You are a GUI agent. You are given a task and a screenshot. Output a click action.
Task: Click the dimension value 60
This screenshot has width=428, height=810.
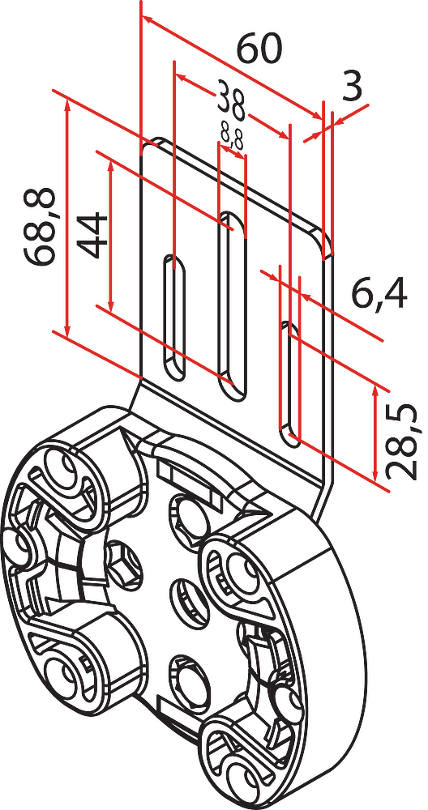259,48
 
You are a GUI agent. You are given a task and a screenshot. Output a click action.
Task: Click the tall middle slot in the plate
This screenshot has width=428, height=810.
232,305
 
